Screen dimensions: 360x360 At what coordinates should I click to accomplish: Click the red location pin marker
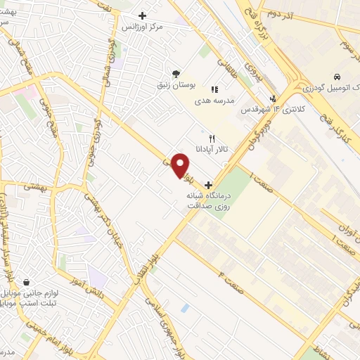181,165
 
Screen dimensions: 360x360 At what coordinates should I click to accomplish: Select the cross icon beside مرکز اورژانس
143,15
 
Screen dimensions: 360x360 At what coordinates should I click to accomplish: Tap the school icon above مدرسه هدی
215,89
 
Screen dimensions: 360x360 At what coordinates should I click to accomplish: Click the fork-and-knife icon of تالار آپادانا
210,139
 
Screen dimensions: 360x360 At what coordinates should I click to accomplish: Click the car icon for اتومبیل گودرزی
338,76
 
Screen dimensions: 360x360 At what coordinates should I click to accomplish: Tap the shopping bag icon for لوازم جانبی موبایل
26,282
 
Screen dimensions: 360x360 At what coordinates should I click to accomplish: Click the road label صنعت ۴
233,278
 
